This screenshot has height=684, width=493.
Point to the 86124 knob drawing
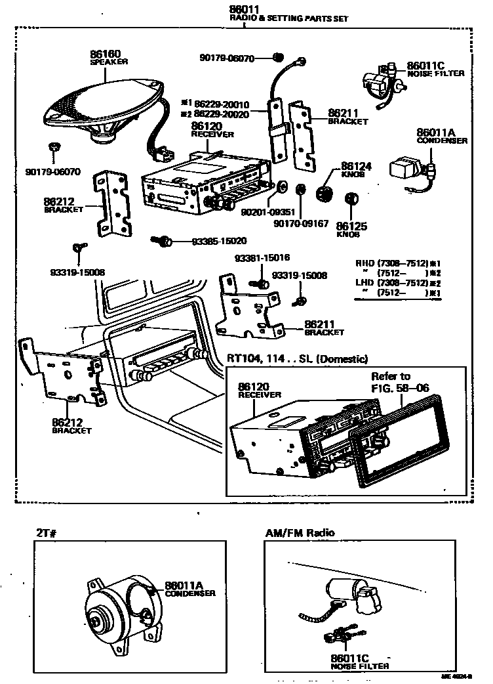(324, 194)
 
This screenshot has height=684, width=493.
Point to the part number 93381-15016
(262, 258)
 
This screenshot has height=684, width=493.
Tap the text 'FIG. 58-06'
(400, 387)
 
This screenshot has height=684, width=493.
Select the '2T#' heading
(48, 533)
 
